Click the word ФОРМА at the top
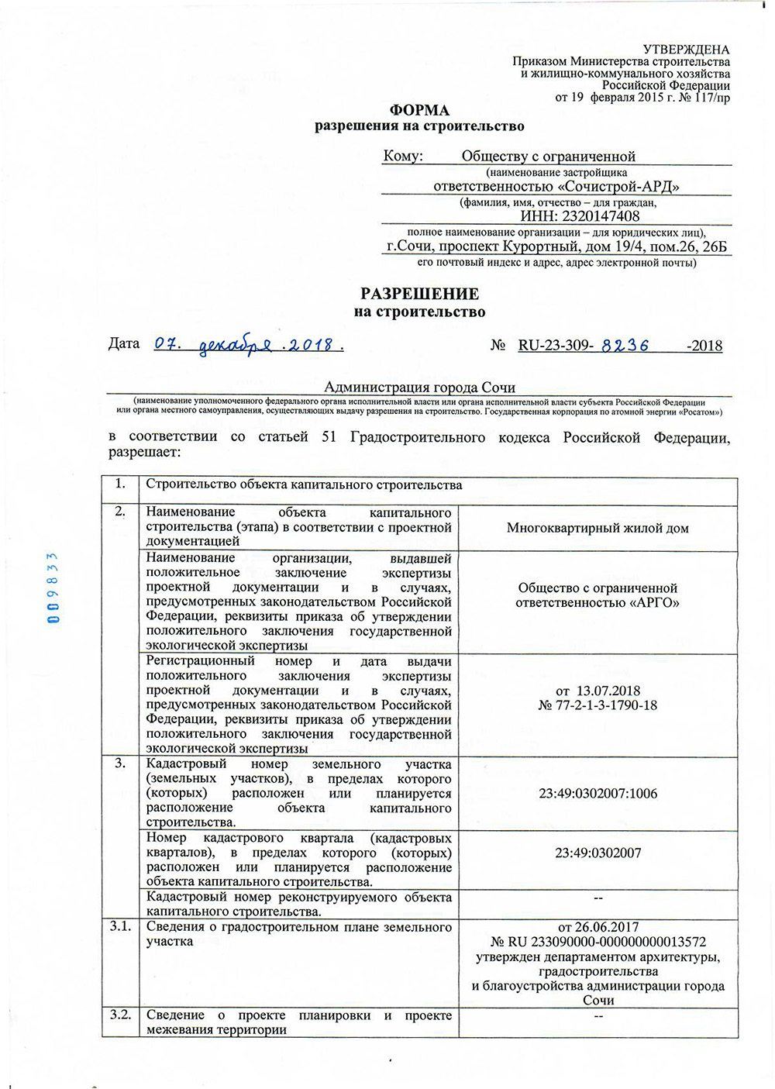(419, 110)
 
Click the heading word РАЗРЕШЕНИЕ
(419, 294)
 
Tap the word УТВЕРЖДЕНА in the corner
(686, 50)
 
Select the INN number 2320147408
(601, 217)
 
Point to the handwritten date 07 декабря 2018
(248, 344)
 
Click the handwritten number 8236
(625, 346)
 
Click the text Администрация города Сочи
(419, 388)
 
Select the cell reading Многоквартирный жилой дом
(598, 528)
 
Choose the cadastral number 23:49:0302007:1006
(598, 794)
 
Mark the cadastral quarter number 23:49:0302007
(598, 853)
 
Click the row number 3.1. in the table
(120, 927)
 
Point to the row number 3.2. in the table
(120, 1015)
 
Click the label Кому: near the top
(403, 157)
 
